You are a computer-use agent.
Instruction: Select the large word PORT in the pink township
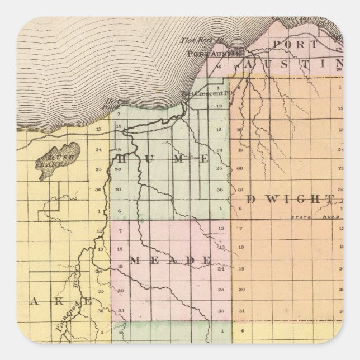[291, 45]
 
